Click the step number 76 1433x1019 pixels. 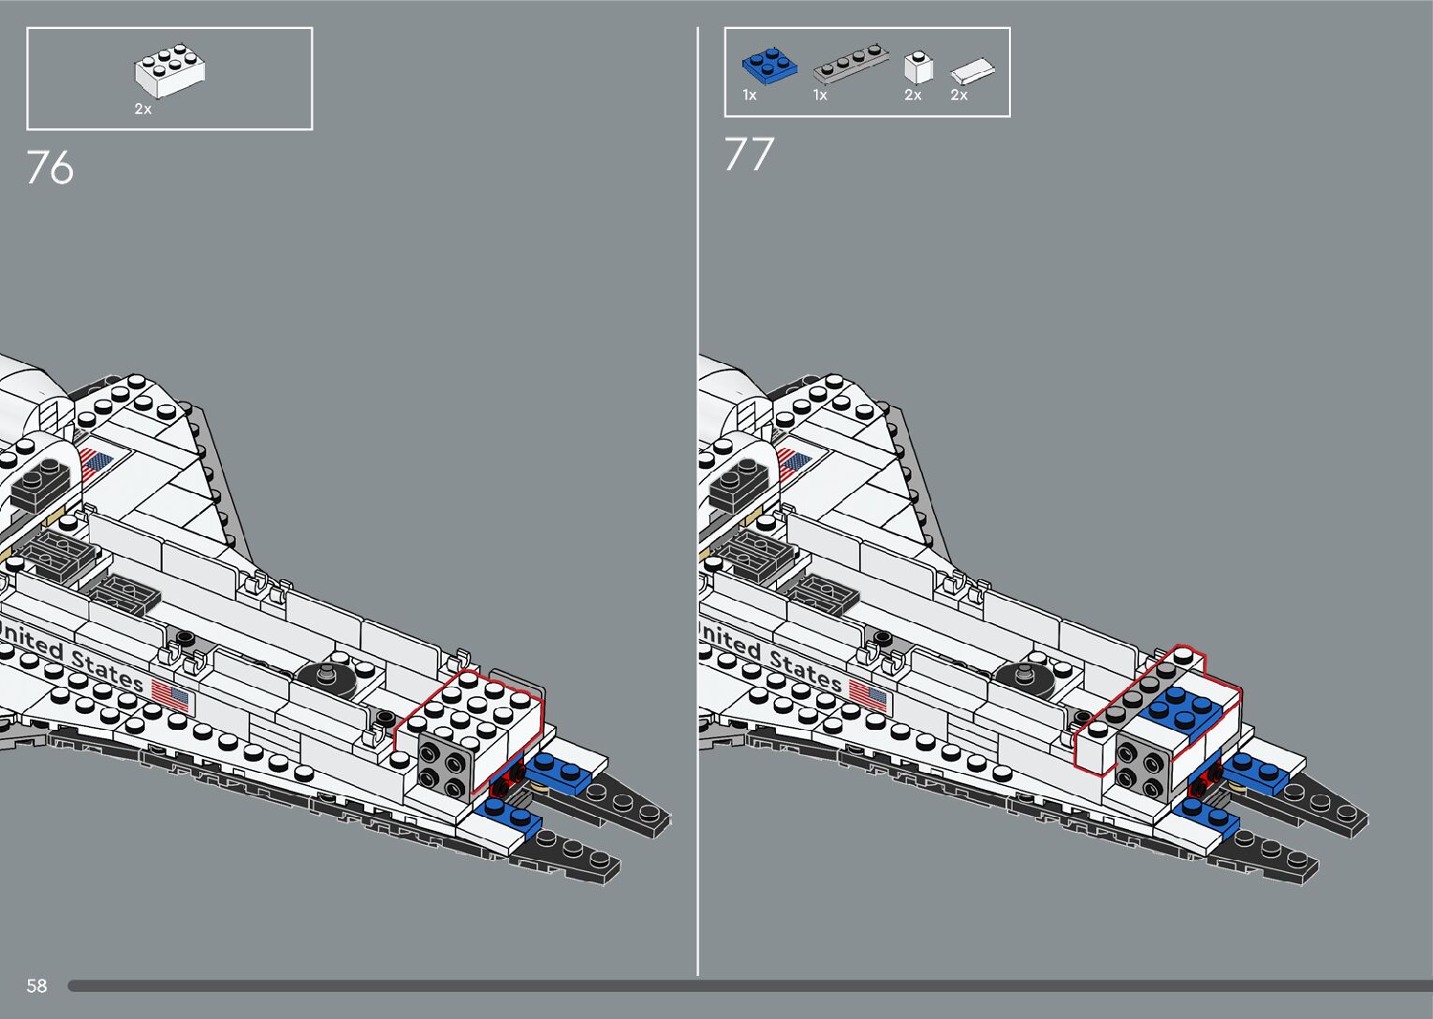click(x=50, y=168)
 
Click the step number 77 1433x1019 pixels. click(x=749, y=155)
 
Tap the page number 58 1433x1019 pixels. click(x=37, y=985)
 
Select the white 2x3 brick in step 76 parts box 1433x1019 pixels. click(x=169, y=71)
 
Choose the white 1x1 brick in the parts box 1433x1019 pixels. click(x=918, y=67)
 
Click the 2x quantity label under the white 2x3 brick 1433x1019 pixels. click(x=142, y=109)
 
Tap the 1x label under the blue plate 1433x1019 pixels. click(x=750, y=95)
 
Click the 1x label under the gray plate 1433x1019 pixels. click(x=820, y=95)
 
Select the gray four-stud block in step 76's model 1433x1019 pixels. click(x=443, y=764)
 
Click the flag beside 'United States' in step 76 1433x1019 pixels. click(x=170, y=696)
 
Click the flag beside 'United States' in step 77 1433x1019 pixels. click(x=869, y=695)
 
